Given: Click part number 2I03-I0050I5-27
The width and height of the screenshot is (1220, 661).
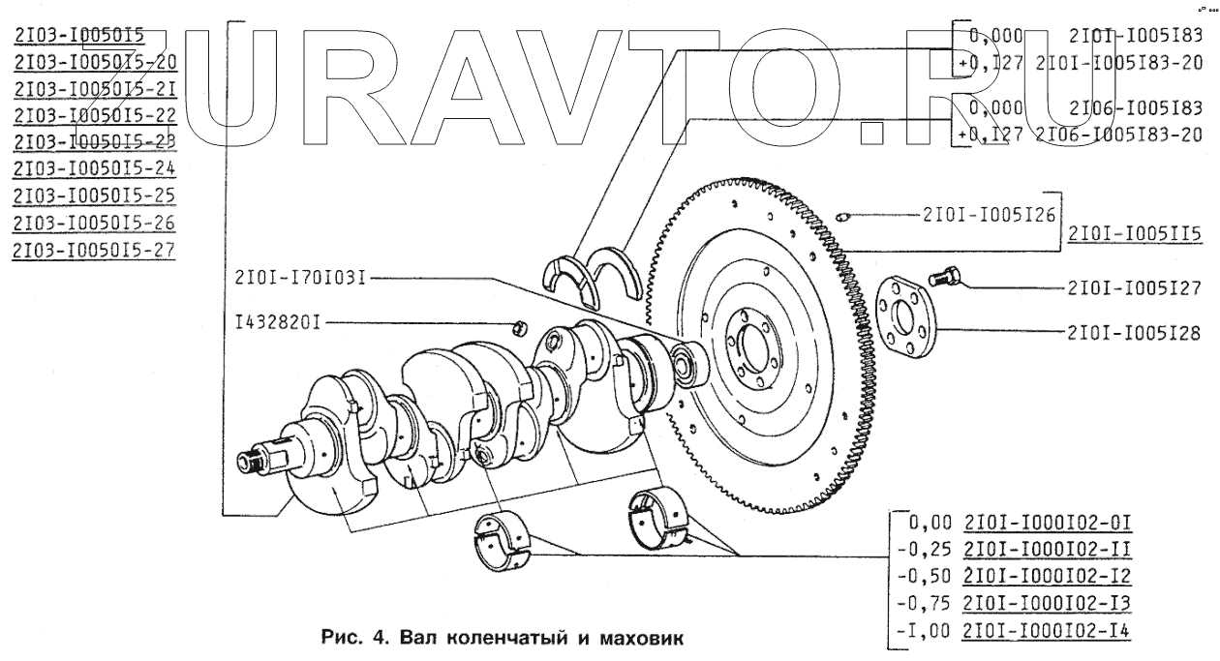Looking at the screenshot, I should pos(95,250).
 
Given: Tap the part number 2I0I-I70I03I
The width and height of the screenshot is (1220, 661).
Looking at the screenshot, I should pos(298,278).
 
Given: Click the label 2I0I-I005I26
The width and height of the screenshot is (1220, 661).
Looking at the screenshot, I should pos(975,215).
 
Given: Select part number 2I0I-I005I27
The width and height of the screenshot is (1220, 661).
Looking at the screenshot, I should pos(1134,287).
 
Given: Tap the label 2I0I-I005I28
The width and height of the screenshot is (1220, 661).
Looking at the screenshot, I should pos(1134,333).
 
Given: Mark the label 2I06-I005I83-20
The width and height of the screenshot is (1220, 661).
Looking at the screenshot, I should pos(1119,135).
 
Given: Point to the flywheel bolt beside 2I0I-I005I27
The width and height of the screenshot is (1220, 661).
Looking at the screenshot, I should pos(943,278).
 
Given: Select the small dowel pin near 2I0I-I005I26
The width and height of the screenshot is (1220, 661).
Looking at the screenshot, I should pos(842,215).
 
